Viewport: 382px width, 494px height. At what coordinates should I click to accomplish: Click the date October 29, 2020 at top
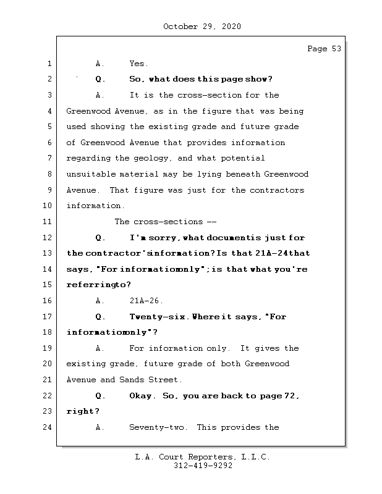(x=202, y=27)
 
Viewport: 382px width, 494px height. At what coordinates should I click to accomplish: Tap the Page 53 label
(x=324, y=49)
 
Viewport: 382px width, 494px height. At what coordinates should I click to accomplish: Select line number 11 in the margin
(x=49, y=222)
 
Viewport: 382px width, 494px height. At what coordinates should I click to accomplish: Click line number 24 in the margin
(x=49, y=427)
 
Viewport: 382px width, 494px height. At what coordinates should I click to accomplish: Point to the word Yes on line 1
(x=138, y=64)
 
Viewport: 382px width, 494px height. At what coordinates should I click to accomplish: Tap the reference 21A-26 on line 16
(x=146, y=301)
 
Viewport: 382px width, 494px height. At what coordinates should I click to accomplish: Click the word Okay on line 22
(x=142, y=396)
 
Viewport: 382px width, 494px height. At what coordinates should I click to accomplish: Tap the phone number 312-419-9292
(x=202, y=466)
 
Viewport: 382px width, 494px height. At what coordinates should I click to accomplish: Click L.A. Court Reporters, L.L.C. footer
(x=202, y=458)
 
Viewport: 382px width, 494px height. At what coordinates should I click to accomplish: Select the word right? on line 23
(x=82, y=411)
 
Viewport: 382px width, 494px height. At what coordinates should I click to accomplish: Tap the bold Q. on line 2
(x=101, y=79)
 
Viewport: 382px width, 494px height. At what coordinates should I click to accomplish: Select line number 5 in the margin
(x=49, y=127)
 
